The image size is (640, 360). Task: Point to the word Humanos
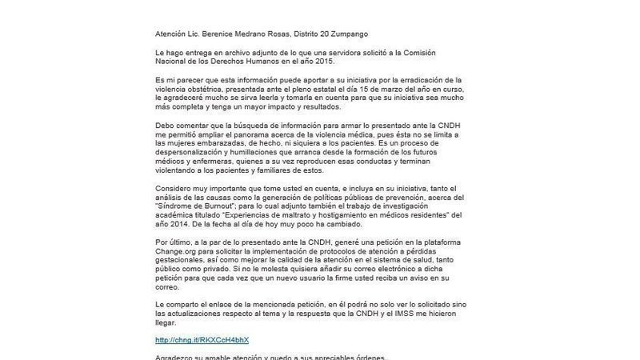click(259, 62)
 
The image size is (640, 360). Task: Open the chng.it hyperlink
click(202, 340)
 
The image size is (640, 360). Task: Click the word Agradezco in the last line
click(178, 357)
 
